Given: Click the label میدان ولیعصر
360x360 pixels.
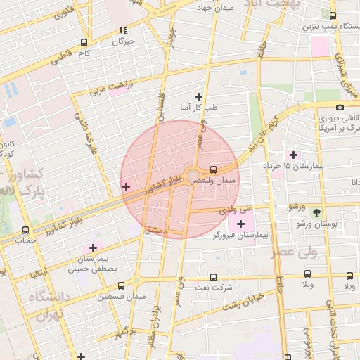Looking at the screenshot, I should tap(237, 181).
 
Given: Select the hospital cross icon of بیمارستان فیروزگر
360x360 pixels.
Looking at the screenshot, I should tap(240, 223).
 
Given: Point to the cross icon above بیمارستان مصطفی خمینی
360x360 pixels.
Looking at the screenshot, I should tap(93, 247).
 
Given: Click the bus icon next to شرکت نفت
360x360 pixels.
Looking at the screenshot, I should tap(213, 277).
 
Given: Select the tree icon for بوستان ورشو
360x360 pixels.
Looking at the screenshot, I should tap(316, 212).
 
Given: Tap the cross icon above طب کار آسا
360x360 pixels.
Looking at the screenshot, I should tap(198, 96).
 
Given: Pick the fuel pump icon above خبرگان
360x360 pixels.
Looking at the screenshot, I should tap(124, 31).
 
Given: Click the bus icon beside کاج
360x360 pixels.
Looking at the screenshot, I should tap(85, 42).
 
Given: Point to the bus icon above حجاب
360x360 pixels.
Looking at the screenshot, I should tap(26, 230).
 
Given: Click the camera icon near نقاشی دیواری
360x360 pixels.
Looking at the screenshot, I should tap(340, 108).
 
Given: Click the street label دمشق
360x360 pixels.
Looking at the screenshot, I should tap(152, 230).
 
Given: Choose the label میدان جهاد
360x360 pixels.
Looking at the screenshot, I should tap(208, 7).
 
